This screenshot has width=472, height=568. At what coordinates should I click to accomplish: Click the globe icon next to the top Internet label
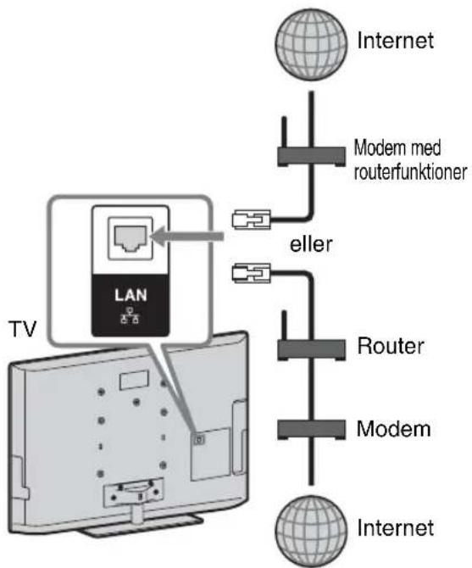311,45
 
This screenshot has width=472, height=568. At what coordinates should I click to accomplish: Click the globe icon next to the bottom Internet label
311,531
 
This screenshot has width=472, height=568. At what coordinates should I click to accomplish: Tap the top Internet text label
395,40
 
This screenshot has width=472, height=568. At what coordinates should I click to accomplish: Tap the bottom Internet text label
395,528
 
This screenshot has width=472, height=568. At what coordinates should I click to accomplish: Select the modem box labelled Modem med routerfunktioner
311,157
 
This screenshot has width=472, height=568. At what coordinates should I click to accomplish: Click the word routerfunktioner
410,172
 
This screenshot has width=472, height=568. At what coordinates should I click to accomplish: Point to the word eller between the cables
311,244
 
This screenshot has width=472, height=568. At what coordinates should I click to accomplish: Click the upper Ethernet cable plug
251,220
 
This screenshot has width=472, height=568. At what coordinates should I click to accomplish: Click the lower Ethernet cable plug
251,273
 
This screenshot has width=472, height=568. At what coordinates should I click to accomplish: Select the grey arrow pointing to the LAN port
186,237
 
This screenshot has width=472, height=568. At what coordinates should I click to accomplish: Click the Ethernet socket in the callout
130,238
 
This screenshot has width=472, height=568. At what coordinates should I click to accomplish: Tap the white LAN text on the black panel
130,295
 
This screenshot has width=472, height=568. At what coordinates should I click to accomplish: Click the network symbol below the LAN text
130,315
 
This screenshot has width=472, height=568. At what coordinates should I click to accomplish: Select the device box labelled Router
311,349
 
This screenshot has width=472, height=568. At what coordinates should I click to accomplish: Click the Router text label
391,346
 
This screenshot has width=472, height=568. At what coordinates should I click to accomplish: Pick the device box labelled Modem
311,430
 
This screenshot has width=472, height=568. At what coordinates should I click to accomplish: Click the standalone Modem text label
394,429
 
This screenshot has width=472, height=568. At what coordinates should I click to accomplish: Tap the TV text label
22,329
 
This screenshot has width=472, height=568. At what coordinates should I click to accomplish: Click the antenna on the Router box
284,326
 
